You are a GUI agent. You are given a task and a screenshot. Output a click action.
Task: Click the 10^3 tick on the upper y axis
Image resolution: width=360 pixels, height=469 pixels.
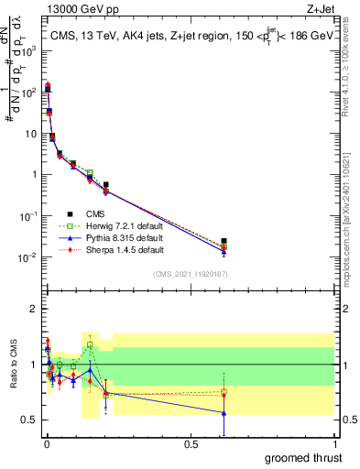30,51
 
